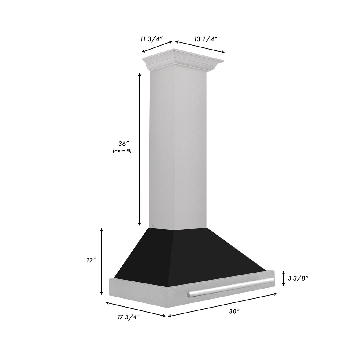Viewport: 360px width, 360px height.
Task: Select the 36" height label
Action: (x=122, y=144)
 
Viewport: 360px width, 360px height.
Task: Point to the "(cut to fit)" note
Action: (x=122, y=151)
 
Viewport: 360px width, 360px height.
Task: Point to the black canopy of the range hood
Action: (x=190, y=252)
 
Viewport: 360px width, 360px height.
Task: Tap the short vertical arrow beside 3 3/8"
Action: (x=283, y=278)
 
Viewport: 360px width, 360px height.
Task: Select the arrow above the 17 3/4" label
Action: (x=136, y=310)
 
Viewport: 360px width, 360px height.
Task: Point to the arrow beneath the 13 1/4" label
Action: (x=200, y=47)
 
